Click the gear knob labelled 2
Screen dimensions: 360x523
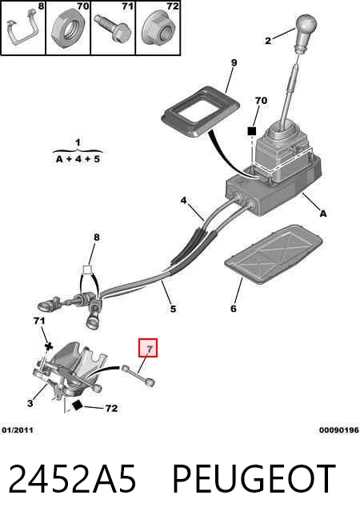(x=306, y=32)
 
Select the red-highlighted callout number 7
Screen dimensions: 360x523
(x=148, y=348)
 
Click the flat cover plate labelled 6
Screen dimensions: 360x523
(x=274, y=254)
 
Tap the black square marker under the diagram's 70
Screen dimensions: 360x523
(x=251, y=131)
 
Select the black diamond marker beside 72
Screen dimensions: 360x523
(x=78, y=405)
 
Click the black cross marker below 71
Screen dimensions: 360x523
(x=49, y=346)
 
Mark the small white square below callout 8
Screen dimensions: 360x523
(x=87, y=269)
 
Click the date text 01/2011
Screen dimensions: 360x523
(x=18, y=430)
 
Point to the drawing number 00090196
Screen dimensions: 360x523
(x=338, y=430)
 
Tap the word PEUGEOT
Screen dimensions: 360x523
(x=254, y=479)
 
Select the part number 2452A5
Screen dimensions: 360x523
(x=72, y=479)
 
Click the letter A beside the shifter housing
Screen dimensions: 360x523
(x=322, y=214)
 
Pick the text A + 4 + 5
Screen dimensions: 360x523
(x=78, y=159)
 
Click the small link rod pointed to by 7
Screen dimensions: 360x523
(x=138, y=376)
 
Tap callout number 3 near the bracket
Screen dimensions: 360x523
(x=30, y=403)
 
